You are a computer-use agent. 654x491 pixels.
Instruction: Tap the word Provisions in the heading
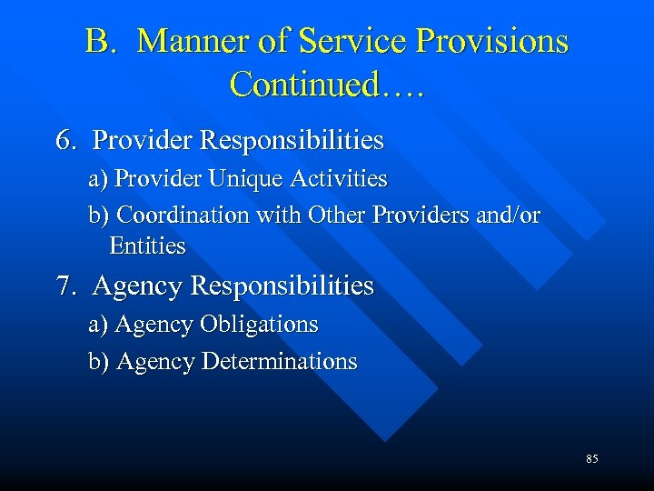[x=490, y=42]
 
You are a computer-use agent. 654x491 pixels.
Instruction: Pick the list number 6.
[x=65, y=141]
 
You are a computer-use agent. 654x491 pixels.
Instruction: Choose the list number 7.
[x=65, y=286]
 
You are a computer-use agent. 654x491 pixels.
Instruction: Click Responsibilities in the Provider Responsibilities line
[x=292, y=141]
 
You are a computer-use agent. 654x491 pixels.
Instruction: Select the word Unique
[x=246, y=179]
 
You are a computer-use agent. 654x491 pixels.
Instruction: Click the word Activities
[x=339, y=179]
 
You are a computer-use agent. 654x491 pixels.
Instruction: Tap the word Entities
[x=147, y=245]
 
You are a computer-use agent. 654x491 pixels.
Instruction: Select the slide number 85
[x=592, y=459]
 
